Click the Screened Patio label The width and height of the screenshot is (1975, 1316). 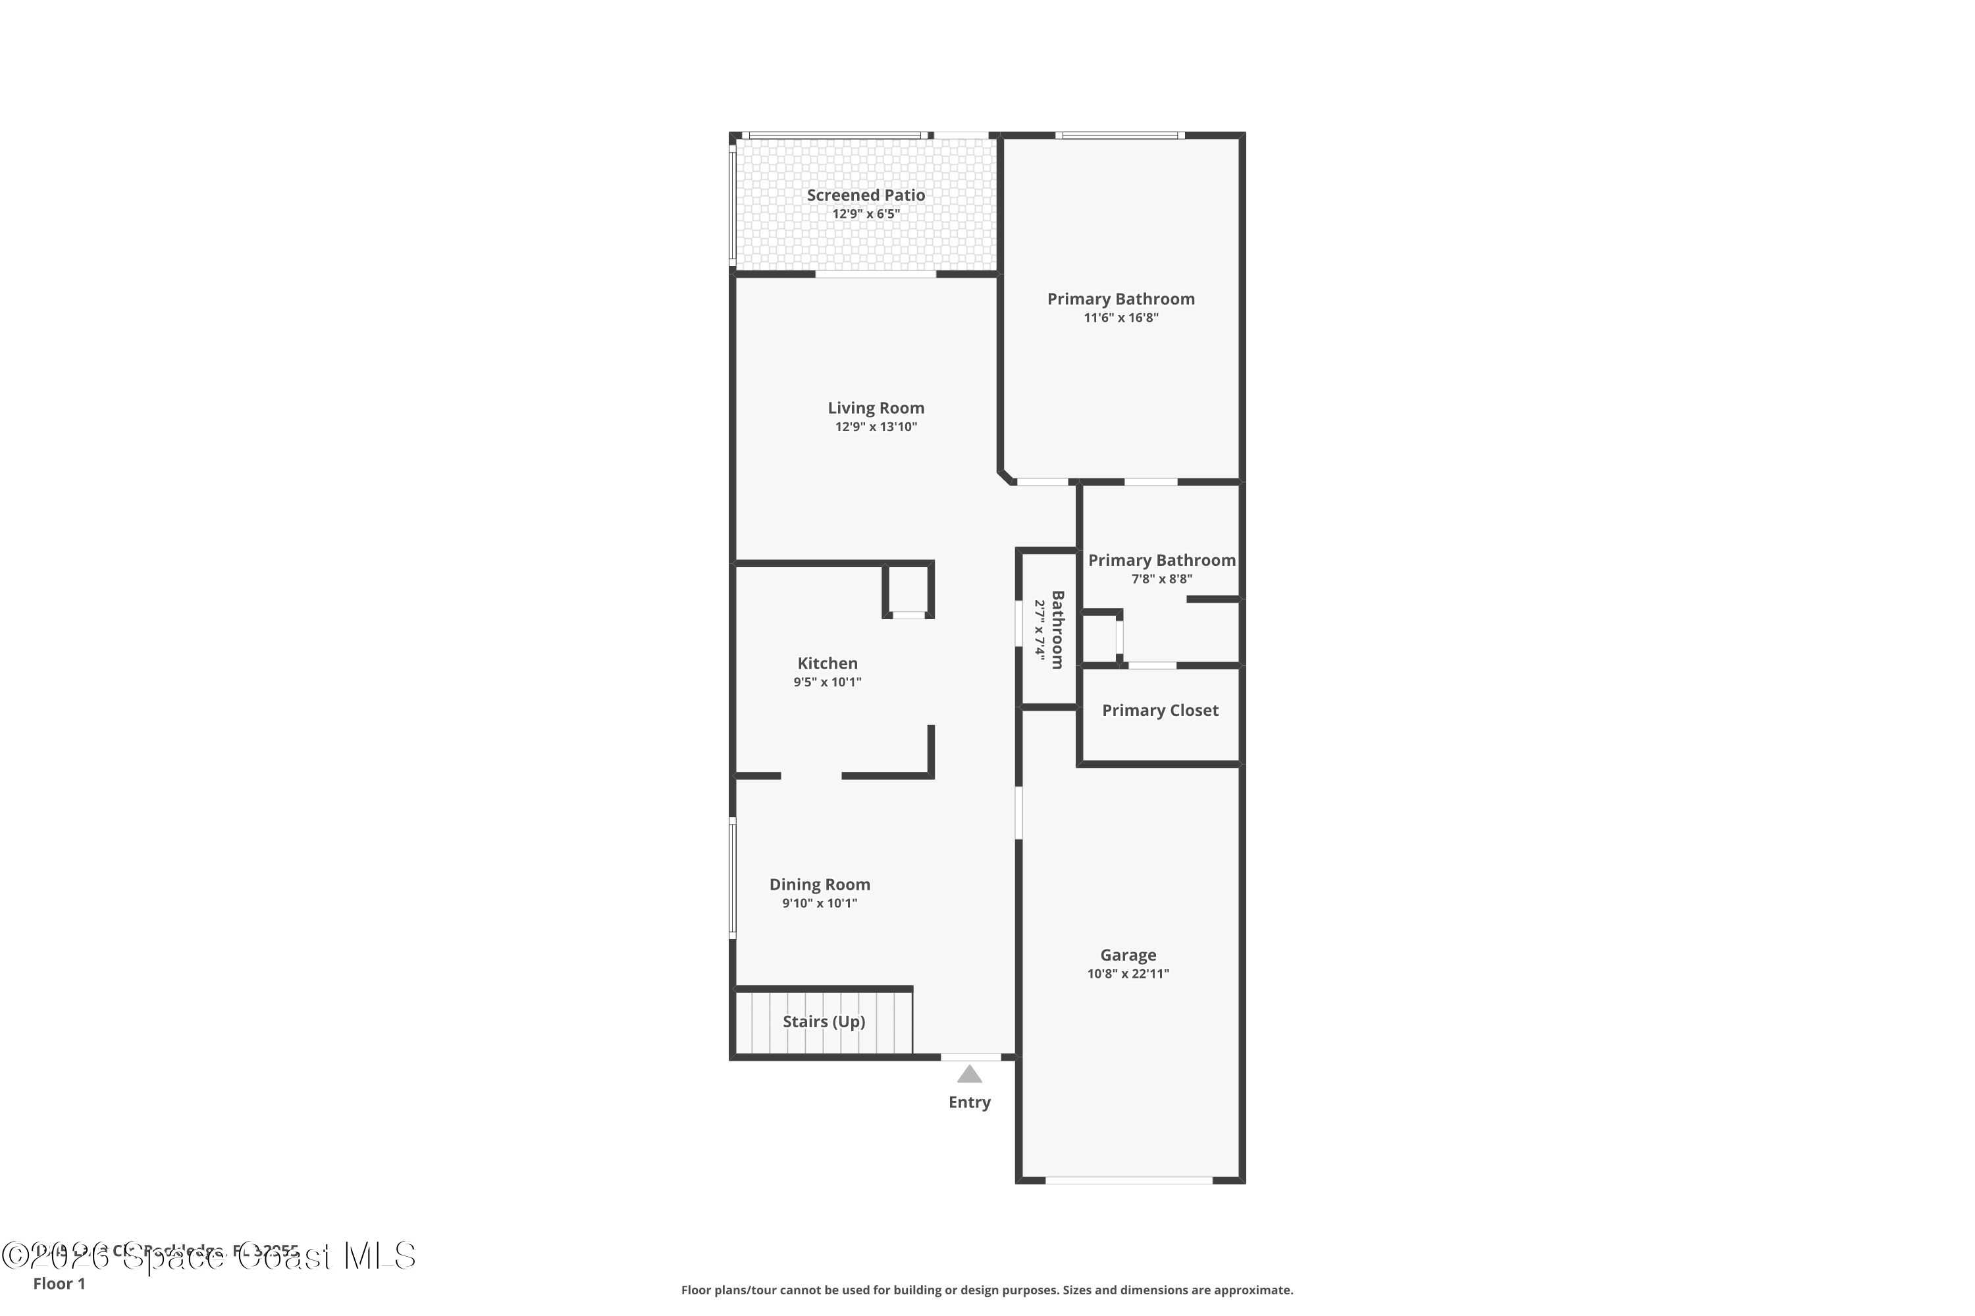click(866, 195)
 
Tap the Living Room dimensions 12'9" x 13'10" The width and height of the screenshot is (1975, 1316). click(876, 426)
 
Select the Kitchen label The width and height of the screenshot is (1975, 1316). click(827, 663)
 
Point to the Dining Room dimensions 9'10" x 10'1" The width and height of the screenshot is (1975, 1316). click(820, 903)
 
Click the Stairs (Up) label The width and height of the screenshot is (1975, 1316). click(824, 1021)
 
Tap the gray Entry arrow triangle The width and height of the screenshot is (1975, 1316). click(969, 1075)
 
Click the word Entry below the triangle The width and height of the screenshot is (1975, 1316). click(969, 1102)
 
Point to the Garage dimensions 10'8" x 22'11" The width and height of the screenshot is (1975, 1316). click(1128, 974)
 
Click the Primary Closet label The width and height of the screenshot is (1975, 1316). click(1159, 710)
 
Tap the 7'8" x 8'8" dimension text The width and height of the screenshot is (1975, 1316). click(1161, 578)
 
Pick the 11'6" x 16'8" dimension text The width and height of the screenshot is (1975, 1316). click(1121, 317)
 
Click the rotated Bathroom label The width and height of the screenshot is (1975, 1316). click(1058, 630)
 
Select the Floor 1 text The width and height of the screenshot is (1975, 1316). click(59, 1283)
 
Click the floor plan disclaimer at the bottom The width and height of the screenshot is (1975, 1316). click(987, 1290)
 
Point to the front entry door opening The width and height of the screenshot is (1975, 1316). click(970, 1057)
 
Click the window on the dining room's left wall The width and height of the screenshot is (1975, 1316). click(732, 878)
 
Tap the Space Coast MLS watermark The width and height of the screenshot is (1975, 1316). click(210, 1256)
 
